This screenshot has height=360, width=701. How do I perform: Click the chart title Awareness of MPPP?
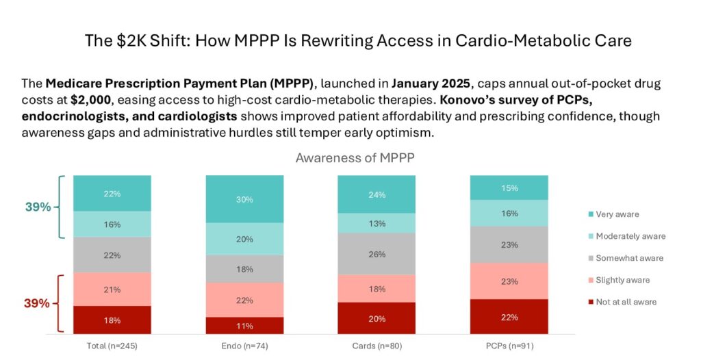click(355, 157)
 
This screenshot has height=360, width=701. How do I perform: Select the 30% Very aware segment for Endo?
click(244, 199)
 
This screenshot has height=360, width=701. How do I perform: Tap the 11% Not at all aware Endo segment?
click(244, 326)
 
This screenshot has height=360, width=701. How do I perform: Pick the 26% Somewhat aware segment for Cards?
click(376, 254)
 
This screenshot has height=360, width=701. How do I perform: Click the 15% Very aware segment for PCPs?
click(508, 188)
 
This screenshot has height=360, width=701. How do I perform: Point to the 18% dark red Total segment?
click(112, 320)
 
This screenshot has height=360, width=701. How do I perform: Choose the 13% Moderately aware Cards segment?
click(376, 223)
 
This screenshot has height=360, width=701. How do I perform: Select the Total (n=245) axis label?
click(112, 346)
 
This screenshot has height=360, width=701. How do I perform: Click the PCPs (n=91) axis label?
click(508, 346)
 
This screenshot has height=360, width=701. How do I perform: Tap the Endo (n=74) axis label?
click(244, 346)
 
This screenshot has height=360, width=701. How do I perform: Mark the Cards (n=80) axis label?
click(376, 346)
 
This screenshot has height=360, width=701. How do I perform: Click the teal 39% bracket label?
click(39, 207)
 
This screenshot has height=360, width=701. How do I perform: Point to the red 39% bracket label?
click(38, 303)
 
